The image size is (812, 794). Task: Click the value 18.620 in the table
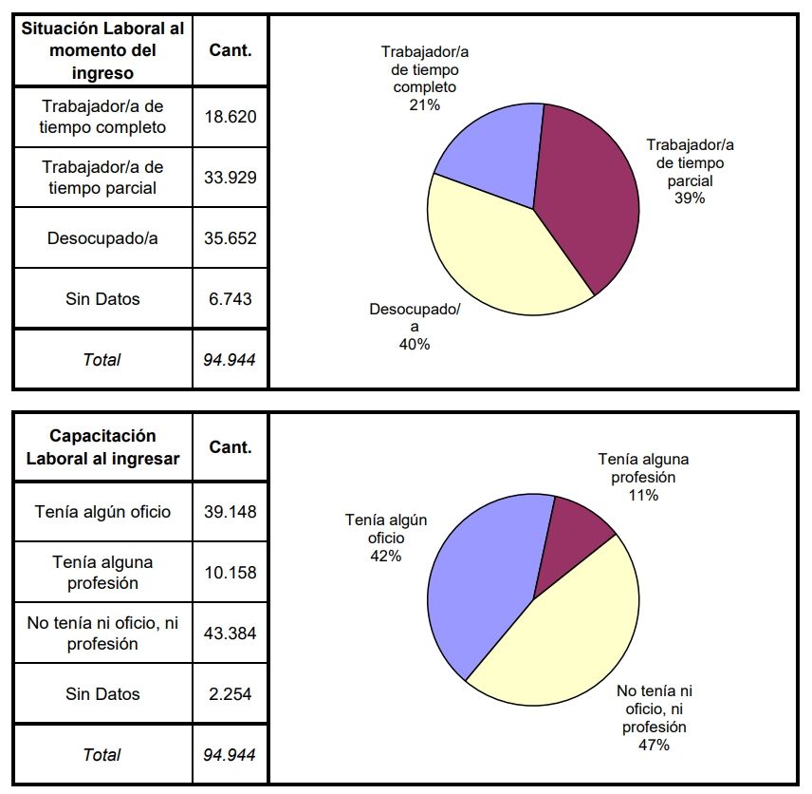[x=231, y=117]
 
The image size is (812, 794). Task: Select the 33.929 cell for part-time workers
[x=231, y=178]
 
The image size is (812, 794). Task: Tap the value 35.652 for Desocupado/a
[x=231, y=238]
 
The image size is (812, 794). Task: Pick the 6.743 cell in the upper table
[x=231, y=299]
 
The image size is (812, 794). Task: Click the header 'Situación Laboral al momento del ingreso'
[x=102, y=50]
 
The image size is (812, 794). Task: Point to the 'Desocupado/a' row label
[x=102, y=238]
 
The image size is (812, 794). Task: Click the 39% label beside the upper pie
[x=690, y=198]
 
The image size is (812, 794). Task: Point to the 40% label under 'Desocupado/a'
[x=415, y=344]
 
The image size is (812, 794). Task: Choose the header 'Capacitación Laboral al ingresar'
[x=102, y=447]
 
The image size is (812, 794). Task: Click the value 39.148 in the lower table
[x=231, y=512]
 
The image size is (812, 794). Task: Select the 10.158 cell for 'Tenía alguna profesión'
[x=231, y=573]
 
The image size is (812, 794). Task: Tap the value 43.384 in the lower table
[x=231, y=633]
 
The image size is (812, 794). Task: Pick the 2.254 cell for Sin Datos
[x=231, y=694]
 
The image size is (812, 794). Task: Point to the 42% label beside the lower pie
[x=386, y=556]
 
